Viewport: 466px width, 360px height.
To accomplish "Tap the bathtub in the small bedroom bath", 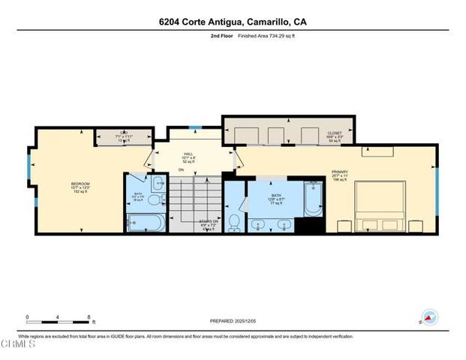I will (x=143, y=223).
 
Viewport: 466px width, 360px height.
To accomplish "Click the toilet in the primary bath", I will (x=235, y=221).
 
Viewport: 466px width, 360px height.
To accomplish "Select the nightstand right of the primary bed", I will (x=416, y=226).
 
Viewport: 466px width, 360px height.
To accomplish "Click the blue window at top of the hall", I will (x=194, y=127).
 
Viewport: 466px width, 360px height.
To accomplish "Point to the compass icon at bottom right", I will (x=430, y=317).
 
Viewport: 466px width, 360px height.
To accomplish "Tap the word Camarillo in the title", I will (x=267, y=22).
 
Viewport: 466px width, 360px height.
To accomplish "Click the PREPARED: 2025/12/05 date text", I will (x=233, y=320).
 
